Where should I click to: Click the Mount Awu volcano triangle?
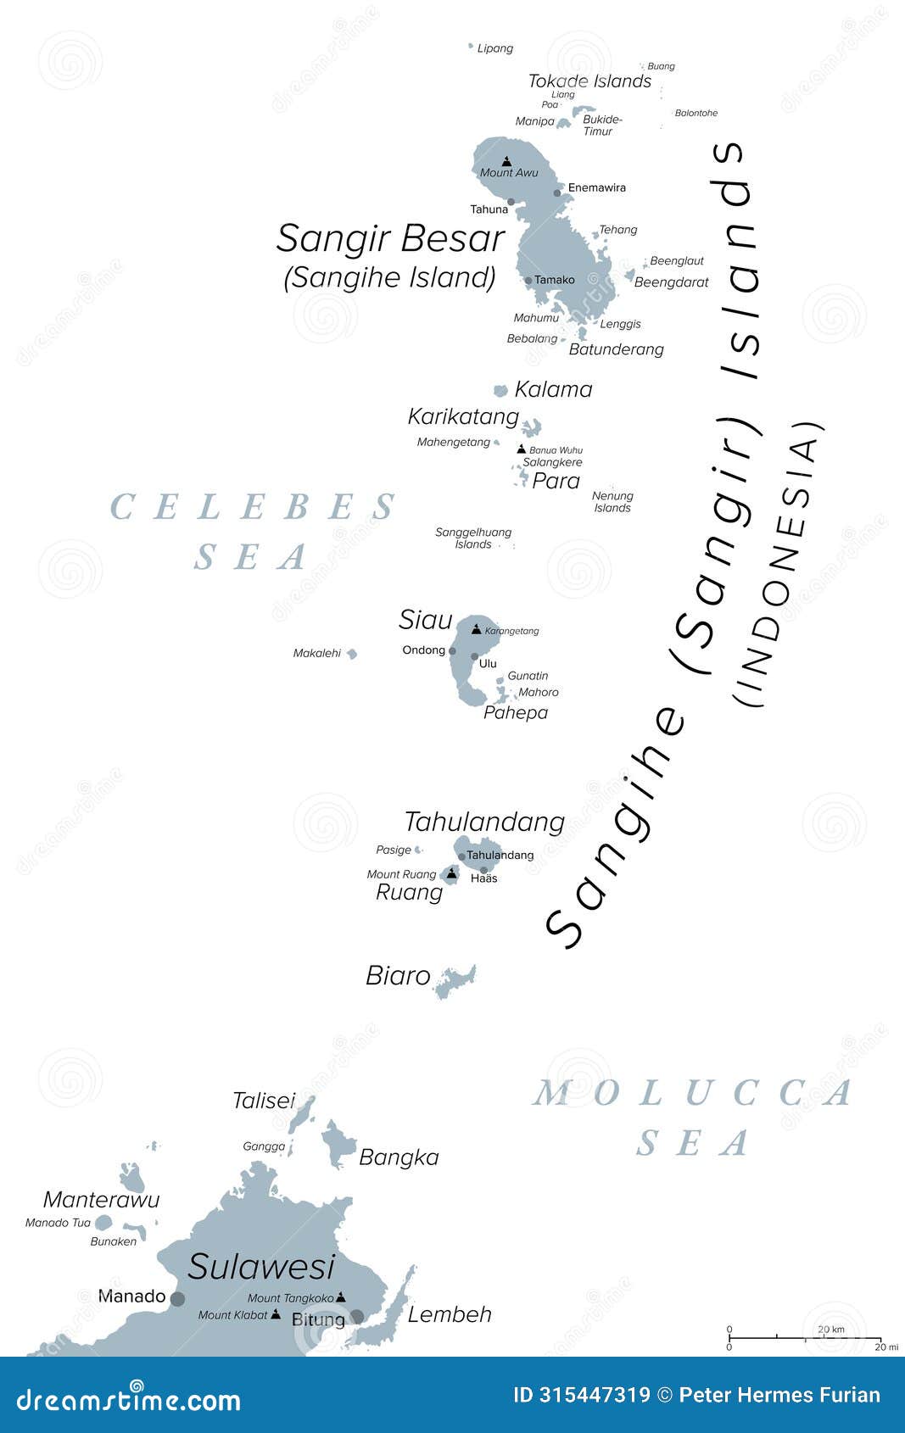pyautogui.click(x=506, y=161)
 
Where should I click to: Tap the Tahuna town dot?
pyautogui.click(x=511, y=202)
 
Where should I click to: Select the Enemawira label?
pyautogui.click(x=596, y=187)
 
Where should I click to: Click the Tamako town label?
pyautogui.click(x=554, y=280)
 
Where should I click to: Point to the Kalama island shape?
pyautogui.click(x=500, y=390)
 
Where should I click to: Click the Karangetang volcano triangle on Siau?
pyautogui.click(x=476, y=629)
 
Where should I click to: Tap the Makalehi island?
pyautogui.click(x=351, y=653)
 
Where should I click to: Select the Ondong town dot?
pyautogui.click(x=452, y=651)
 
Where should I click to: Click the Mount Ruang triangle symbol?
pyautogui.click(x=452, y=872)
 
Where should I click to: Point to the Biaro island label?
pyautogui.click(x=398, y=976)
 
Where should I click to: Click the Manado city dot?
pyautogui.click(x=177, y=1298)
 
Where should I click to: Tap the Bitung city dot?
pyautogui.click(x=357, y=1317)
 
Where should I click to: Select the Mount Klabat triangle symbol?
pyautogui.click(x=275, y=1314)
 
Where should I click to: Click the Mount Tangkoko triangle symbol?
pyautogui.click(x=340, y=1296)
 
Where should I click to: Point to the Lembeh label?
pyautogui.click(x=450, y=1314)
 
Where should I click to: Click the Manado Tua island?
pyautogui.click(x=103, y=1223)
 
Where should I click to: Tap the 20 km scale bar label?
pyautogui.click(x=830, y=1329)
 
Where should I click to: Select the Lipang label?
pyautogui.click(x=494, y=48)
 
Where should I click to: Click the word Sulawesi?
pyautogui.click(x=261, y=1267)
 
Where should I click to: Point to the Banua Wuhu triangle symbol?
pyautogui.click(x=521, y=449)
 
